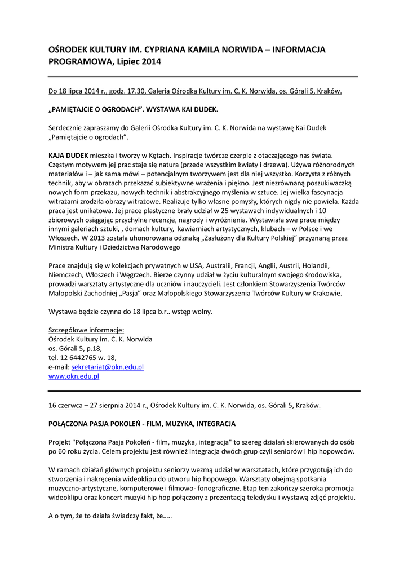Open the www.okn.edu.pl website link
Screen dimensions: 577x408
pos(74,376)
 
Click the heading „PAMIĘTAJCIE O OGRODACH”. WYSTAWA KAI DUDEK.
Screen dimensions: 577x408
pos(133,109)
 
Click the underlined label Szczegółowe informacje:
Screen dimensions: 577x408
pos(86,330)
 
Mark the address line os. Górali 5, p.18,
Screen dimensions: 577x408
pos(75,348)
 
